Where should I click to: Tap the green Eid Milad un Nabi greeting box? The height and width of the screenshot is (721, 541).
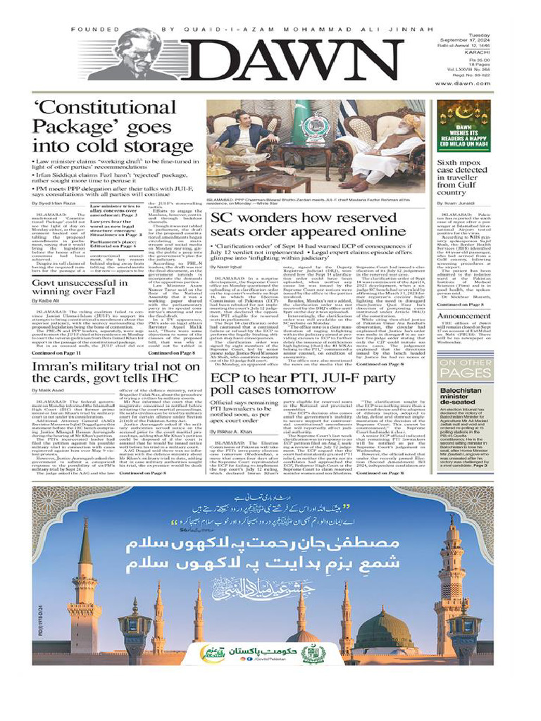coord(464,127)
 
